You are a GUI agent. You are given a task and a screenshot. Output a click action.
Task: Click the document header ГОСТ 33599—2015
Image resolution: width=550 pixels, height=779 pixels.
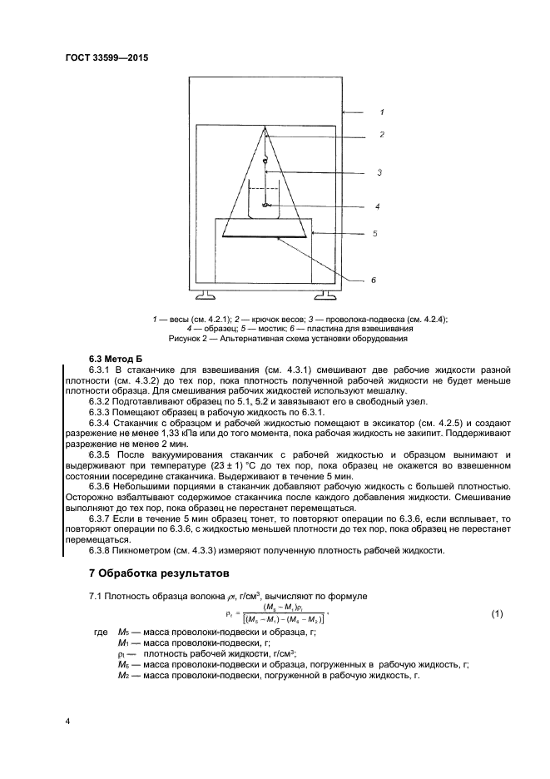pos(106,58)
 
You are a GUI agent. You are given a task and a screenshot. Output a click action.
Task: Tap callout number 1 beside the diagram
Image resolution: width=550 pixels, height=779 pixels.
pos(381,111)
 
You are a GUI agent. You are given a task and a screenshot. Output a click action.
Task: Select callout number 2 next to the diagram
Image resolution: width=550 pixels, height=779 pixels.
pos(381,134)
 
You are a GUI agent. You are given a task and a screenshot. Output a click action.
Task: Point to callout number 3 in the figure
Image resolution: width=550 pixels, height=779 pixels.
pos(379,172)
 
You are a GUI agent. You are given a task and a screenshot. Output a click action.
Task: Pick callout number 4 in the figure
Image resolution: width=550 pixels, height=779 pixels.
pos(377,206)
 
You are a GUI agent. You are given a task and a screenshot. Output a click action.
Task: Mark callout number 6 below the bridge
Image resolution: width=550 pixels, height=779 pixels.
pos(373,280)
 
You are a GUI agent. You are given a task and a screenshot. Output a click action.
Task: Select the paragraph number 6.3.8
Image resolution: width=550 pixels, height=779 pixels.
pos(101,550)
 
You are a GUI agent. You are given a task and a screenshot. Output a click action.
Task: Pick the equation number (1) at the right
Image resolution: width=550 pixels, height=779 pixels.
pos(496,614)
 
